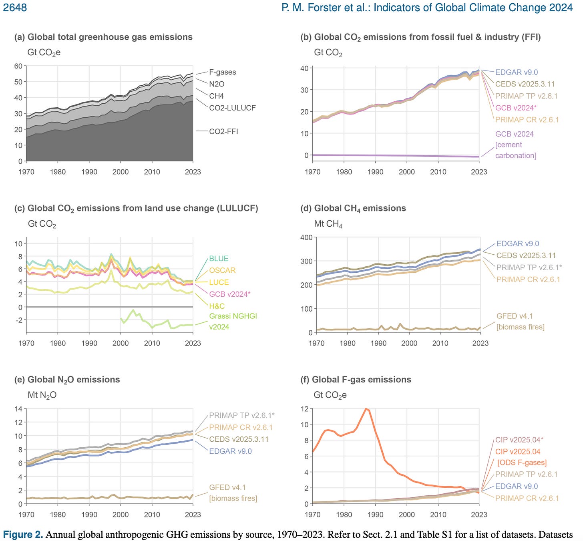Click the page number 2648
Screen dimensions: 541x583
(15, 8)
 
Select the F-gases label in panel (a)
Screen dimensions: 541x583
(222, 72)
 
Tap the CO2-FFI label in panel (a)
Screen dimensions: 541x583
(223, 131)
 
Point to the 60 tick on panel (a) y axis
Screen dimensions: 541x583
(18, 66)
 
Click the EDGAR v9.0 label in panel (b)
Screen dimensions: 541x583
(516, 72)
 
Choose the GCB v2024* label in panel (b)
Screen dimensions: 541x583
(515, 108)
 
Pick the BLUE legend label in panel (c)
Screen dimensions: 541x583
(219, 259)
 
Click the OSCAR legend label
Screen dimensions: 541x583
(222, 270)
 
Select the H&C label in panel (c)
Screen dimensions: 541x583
(217, 306)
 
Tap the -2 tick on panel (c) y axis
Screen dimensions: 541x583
(18, 320)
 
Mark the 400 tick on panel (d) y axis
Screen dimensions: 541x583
(306, 237)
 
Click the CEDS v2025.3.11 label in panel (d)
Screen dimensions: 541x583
(526, 255)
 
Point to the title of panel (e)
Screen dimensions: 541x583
(67, 380)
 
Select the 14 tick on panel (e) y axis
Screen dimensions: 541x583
(18, 409)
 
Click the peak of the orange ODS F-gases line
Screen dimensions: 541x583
(366, 409)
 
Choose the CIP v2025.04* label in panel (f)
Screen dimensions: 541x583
(519, 440)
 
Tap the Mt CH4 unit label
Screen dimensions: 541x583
(328, 224)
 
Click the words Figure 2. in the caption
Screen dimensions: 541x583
(23, 535)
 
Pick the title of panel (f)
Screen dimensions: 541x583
(356, 380)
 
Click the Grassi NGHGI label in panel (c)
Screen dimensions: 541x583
(233, 316)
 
